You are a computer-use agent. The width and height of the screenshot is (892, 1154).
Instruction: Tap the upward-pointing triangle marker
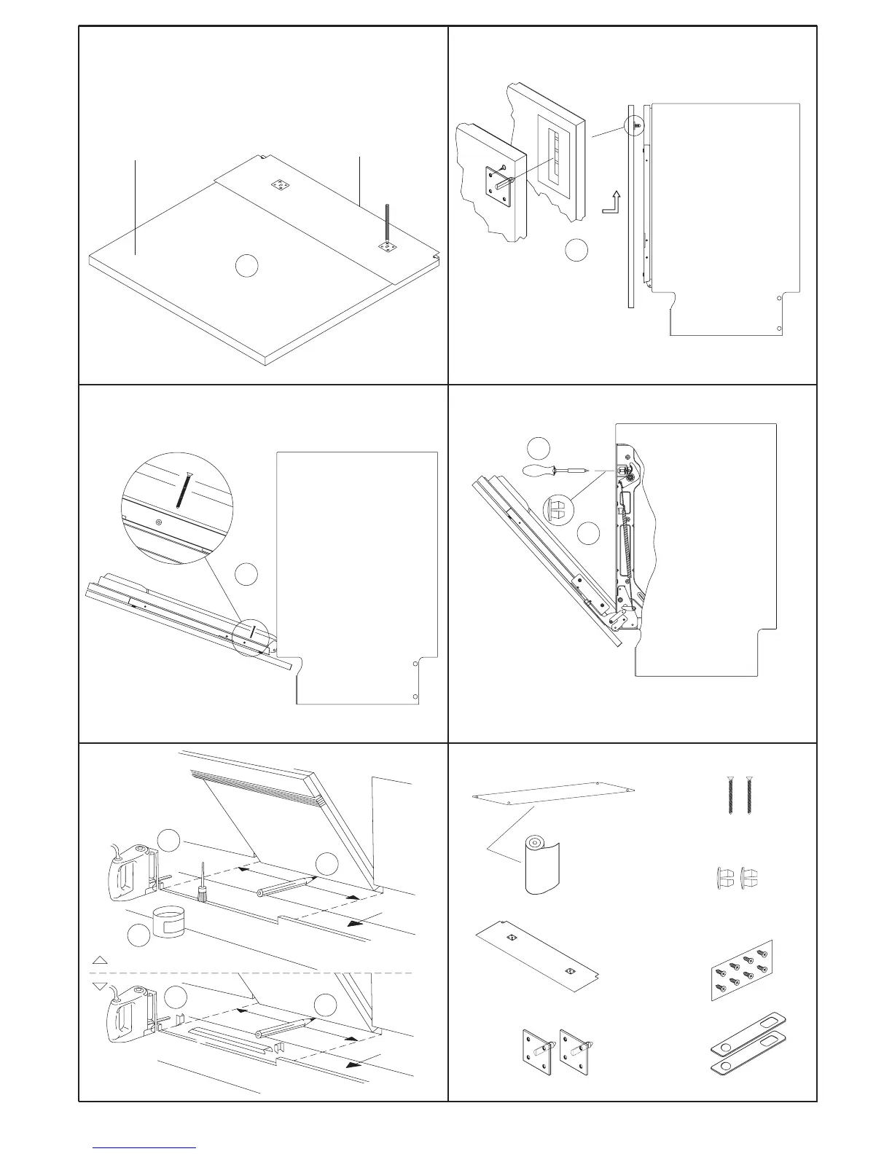click(x=101, y=960)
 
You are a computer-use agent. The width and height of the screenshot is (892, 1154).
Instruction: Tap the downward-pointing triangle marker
click(x=101, y=986)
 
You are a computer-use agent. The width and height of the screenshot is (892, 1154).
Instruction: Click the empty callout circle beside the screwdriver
click(x=538, y=447)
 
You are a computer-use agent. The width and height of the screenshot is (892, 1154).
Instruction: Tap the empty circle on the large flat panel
click(x=246, y=266)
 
